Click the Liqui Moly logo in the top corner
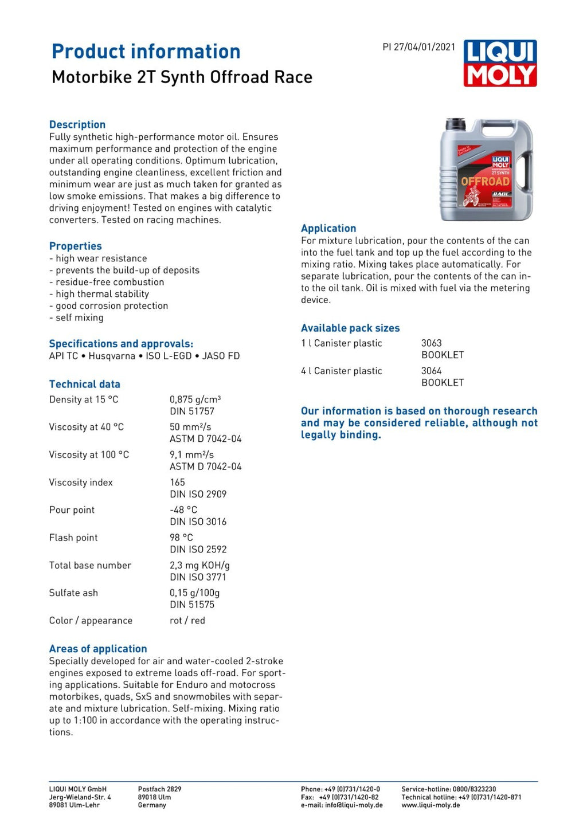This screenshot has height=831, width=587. tap(500, 63)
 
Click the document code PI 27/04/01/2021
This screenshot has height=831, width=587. tap(418, 47)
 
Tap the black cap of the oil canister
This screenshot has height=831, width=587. tap(456, 124)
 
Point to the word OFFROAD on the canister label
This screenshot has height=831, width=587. tap(485, 182)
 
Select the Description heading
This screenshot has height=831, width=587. tap(77, 124)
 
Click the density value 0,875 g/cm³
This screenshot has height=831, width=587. tap(195, 399)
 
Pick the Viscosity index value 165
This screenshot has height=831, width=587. tap(178, 483)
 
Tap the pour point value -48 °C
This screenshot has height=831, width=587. tap(183, 510)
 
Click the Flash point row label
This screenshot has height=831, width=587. tap(73, 538)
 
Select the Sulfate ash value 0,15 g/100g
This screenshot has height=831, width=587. tap(194, 593)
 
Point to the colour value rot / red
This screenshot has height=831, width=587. tap(187, 621)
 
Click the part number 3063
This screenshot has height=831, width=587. tap(432, 343)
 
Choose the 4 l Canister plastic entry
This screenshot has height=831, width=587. tap(342, 371)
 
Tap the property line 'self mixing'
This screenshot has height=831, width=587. tap(79, 317)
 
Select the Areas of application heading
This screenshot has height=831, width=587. tap(98, 649)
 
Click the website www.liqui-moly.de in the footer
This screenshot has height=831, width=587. tap(431, 805)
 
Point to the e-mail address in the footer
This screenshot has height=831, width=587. tap(342, 805)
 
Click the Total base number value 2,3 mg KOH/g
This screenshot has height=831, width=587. tap(199, 565)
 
